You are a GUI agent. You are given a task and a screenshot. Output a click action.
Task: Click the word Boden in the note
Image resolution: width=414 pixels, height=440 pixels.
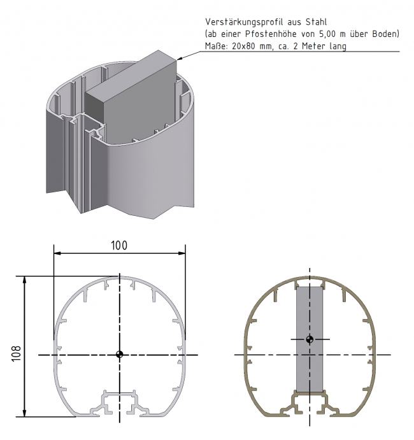[385, 33]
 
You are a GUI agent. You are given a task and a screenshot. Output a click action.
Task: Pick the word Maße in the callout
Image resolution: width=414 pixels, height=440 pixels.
[215, 46]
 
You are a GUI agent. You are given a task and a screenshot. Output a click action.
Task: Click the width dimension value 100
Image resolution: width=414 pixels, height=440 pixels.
[120, 245]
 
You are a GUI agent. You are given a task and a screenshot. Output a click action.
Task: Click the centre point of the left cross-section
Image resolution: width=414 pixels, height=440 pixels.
[120, 355]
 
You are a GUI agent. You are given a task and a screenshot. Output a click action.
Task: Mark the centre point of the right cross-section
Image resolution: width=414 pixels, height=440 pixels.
[310, 339]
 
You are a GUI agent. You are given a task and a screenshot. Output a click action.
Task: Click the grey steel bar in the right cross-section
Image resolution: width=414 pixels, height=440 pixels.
[310, 369]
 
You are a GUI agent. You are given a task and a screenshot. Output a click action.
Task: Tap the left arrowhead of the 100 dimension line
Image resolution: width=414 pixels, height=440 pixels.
[57, 253]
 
